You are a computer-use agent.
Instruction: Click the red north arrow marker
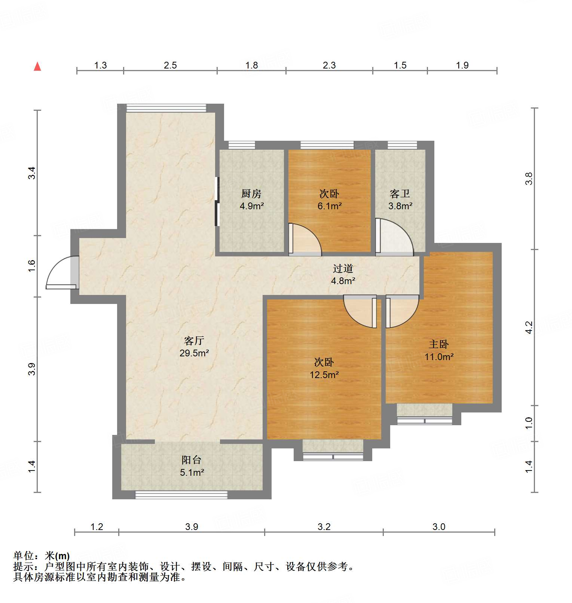37,67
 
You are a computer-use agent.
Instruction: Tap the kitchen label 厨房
251,194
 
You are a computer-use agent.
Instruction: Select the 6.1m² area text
330,206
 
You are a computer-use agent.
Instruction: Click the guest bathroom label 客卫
400,194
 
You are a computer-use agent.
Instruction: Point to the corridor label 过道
343,268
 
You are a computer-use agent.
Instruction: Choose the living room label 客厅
194,341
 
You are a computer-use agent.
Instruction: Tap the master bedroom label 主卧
438,344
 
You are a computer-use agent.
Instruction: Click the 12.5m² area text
324,375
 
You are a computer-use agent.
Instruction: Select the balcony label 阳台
192,460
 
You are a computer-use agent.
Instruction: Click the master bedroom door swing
401,311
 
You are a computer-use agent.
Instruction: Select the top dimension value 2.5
170,66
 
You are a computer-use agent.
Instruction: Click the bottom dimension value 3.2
324,527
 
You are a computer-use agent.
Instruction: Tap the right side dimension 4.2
529,327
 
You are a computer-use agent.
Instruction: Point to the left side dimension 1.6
32,266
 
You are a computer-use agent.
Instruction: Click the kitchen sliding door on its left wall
217,201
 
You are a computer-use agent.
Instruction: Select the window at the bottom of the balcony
181,495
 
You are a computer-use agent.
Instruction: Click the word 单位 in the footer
24,556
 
